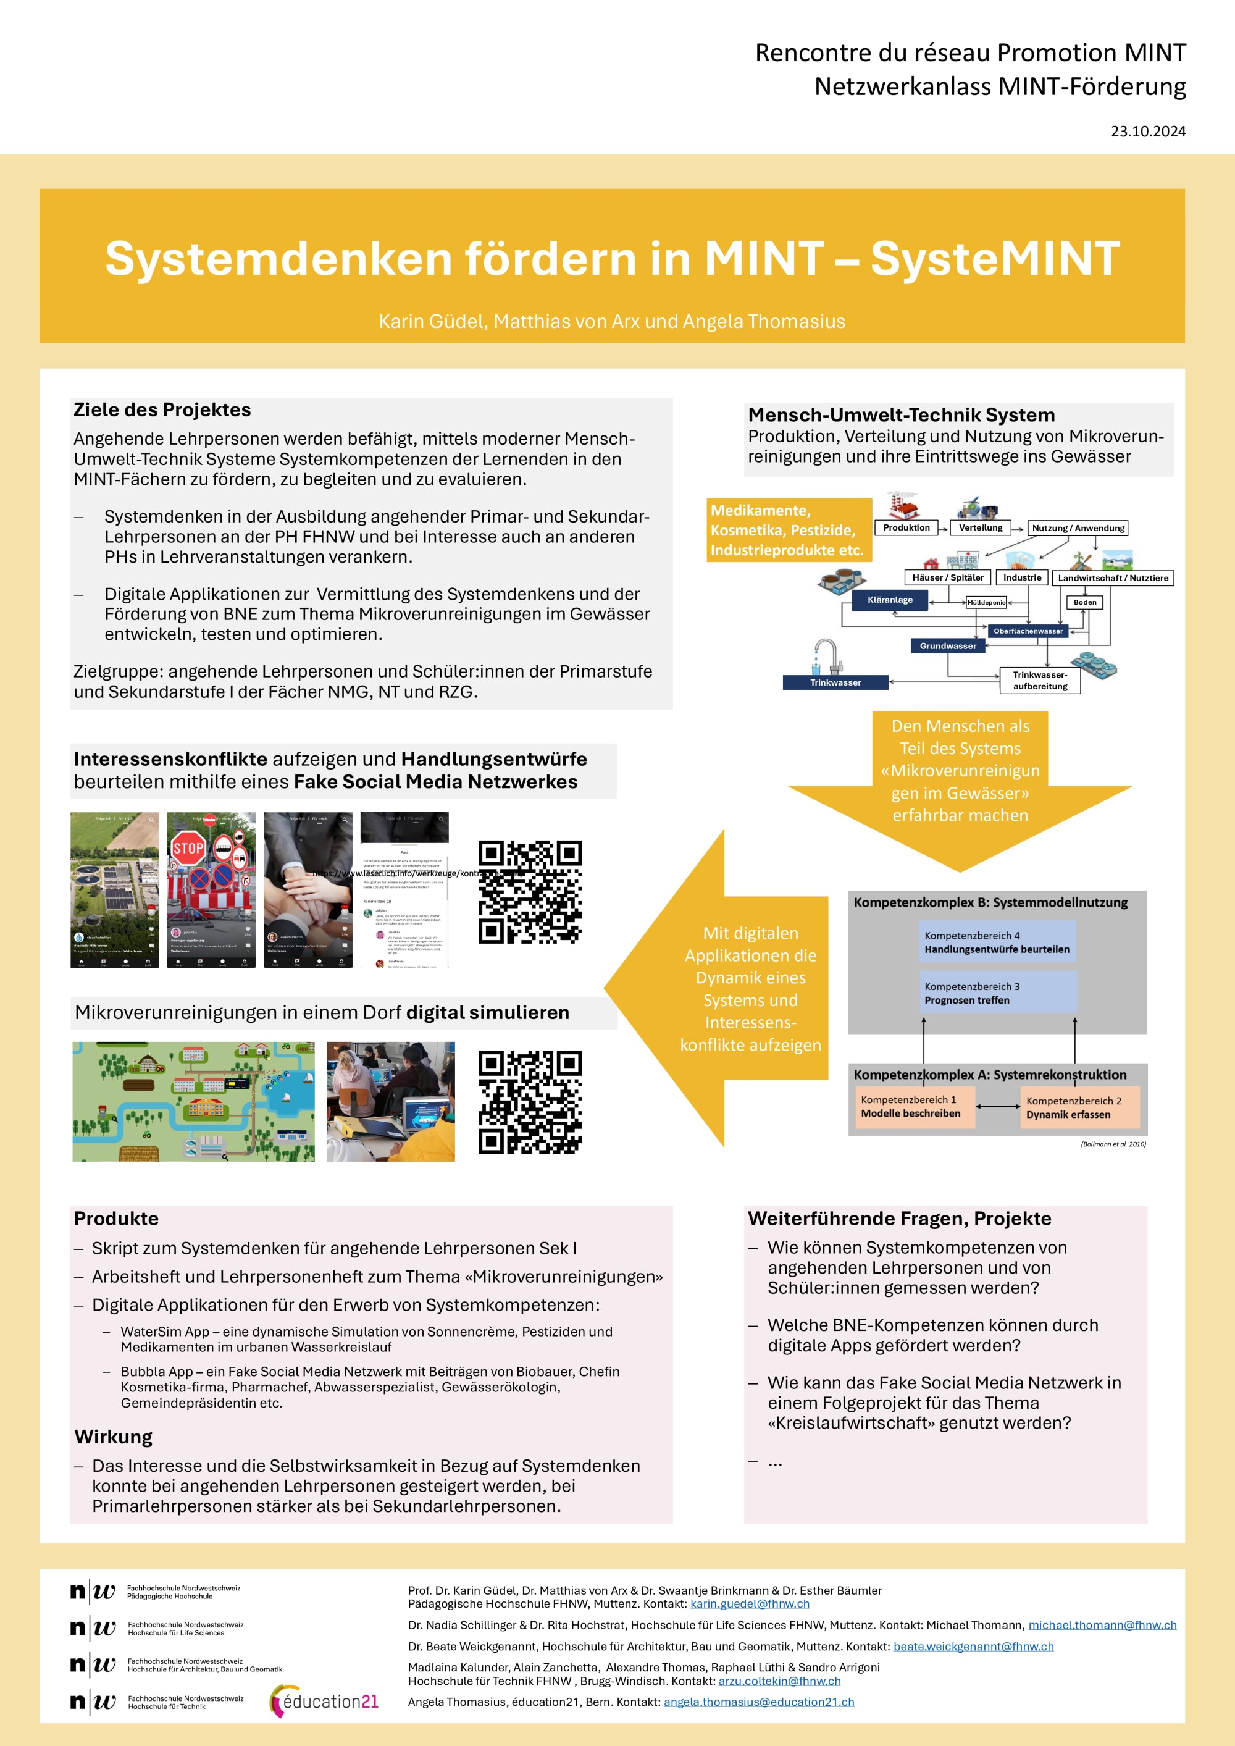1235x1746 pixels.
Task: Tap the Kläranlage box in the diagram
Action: [890, 600]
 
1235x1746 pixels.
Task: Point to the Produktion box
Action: [906, 528]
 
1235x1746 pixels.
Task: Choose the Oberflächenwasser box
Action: [1028, 631]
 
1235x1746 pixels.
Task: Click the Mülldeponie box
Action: [986, 602]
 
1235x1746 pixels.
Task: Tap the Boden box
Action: [1084, 602]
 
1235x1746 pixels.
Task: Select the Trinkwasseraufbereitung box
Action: [1039, 681]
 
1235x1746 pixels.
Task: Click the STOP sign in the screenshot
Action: [188, 848]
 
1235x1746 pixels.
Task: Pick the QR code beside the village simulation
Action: [529, 1102]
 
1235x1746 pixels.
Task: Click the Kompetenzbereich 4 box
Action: [997, 943]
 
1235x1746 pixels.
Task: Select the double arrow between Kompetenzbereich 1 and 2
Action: [998, 1107]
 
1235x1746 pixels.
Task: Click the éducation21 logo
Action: [325, 1701]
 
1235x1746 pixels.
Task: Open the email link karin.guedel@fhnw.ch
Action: [750, 1604]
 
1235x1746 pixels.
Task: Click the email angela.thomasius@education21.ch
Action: [759, 1702]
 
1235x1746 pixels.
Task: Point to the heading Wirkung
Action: [113, 1437]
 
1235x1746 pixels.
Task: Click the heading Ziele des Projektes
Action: [162, 410]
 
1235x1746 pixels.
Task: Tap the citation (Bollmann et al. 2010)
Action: [1113, 1144]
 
